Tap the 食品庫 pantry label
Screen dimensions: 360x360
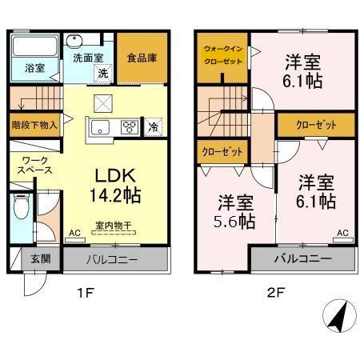[141, 58]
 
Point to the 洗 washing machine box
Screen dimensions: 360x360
[102, 73]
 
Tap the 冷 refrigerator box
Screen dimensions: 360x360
[154, 126]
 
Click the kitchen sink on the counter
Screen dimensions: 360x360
[102, 127]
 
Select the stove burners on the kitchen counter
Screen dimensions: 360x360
[128, 126]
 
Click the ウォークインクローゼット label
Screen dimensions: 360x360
[219, 56]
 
